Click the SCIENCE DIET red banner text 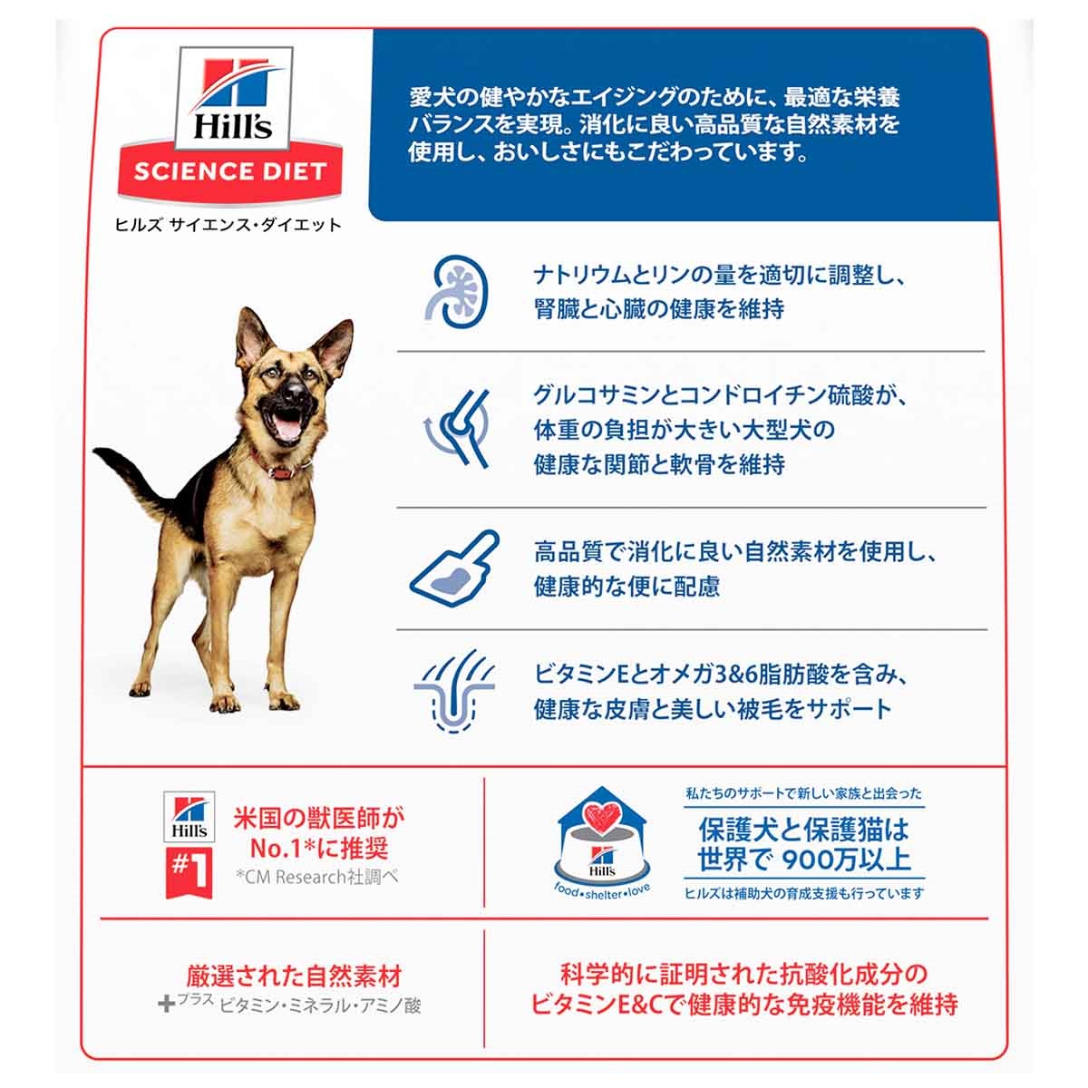click(x=229, y=171)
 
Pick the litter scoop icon click(x=455, y=568)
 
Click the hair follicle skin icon click(x=454, y=691)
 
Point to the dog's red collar click(x=281, y=470)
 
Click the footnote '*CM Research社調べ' click(x=317, y=877)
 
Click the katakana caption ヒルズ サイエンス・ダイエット click(x=228, y=225)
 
